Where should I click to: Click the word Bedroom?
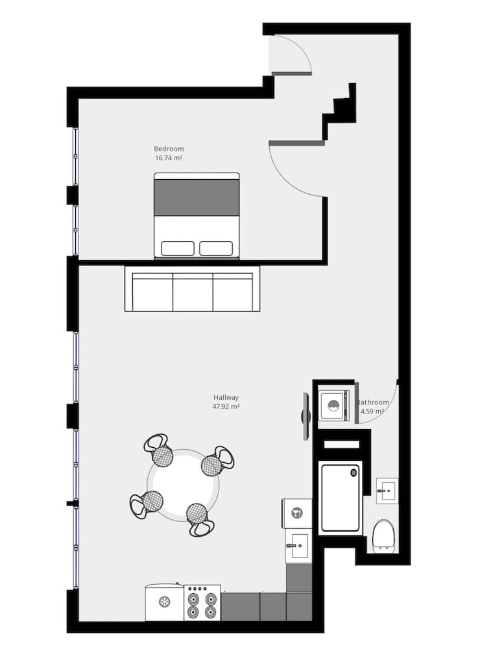pyautogui.click(x=169, y=148)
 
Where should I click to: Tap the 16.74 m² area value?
pyautogui.click(x=169, y=158)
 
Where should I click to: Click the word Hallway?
pyautogui.click(x=226, y=397)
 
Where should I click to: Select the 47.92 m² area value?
pyautogui.click(x=226, y=407)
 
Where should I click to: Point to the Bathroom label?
pyautogui.click(x=375, y=402)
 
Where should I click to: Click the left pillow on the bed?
pyautogui.click(x=177, y=248)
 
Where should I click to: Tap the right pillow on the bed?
pyautogui.click(x=216, y=248)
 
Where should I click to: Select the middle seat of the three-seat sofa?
pyautogui.click(x=193, y=292)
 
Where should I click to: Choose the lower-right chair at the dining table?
pyautogui.click(x=198, y=519)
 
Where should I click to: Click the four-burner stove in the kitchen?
pyautogui.click(x=202, y=604)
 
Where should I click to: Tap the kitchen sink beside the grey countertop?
pyautogui.click(x=298, y=546)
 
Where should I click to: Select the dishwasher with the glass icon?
pyautogui.click(x=297, y=513)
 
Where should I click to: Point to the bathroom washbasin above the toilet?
pyautogui.click(x=387, y=491)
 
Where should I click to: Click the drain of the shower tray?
pyautogui.click(x=354, y=473)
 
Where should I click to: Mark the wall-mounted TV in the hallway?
pyautogui.click(x=306, y=416)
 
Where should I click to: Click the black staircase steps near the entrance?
pyautogui.click(x=344, y=107)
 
